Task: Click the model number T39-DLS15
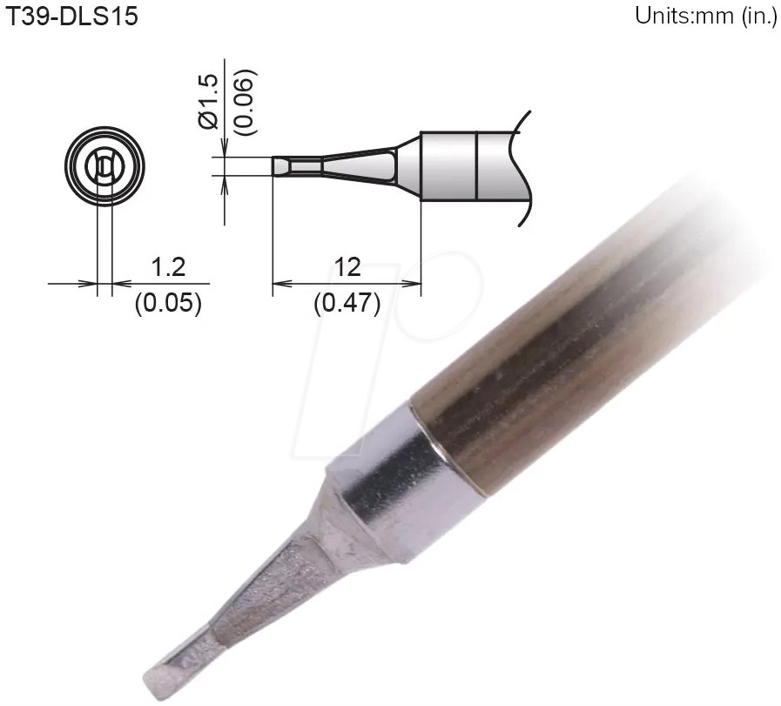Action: [x=72, y=17]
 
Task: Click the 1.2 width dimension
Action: [x=169, y=267]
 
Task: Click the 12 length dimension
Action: [x=347, y=267]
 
